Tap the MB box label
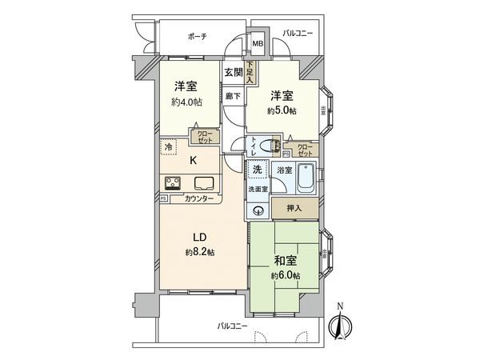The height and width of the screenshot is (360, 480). [x=258, y=44]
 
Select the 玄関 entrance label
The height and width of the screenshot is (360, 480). [x=233, y=73]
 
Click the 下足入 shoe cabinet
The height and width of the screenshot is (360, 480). [x=250, y=73]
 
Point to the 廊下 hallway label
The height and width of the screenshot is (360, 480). [x=232, y=96]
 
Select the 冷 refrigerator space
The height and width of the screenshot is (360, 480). [x=169, y=147]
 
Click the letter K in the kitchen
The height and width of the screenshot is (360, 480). [x=193, y=160]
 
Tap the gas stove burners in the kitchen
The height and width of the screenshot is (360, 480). [x=172, y=182]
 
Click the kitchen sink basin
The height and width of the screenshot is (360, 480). [x=202, y=182]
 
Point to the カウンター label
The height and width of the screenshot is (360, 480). [x=198, y=199]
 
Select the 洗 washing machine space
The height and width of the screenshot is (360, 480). [x=258, y=170]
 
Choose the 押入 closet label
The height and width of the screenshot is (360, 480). [x=294, y=208]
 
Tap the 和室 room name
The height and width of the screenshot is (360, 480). [x=285, y=260]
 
